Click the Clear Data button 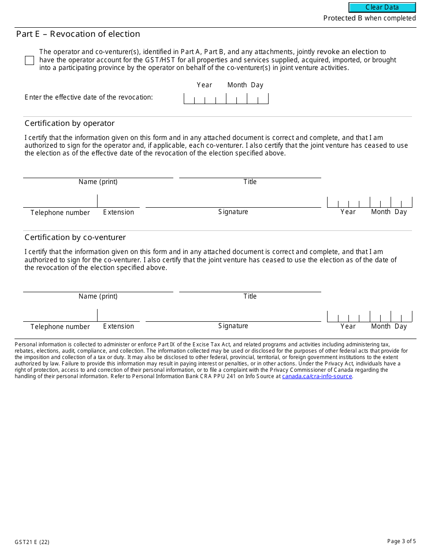coord(382,7)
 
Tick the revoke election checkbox coord(29,60)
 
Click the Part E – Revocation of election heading coord(78,34)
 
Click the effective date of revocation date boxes coord(226,99)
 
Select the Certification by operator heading coord(69,123)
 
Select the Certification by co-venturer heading coord(75,237)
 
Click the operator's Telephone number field coord(60,202)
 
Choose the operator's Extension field coord(118,202)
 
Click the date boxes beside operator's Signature coord(369,202)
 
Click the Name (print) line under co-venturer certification coord(98,287)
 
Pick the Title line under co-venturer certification coord(250,287)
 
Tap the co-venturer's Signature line coord(233,316)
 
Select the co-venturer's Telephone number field coord(60,316)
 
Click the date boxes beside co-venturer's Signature coord(369,316)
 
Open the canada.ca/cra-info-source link coord(317,376)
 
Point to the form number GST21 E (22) coord(32,542)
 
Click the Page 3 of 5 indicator coord(401,541)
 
